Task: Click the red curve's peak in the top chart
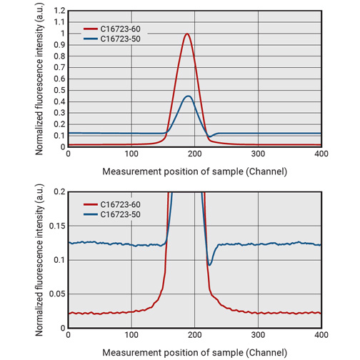[187, 34]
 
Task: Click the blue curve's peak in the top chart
[188, 96]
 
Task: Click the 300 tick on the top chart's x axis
[258, 154]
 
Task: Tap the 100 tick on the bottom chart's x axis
[131, 334]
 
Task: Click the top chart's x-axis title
[194, 171]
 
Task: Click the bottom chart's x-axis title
[194, 352]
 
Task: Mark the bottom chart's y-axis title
[40, 259]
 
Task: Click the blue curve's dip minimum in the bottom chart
[209, 265]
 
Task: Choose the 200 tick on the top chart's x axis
[194, 154]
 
